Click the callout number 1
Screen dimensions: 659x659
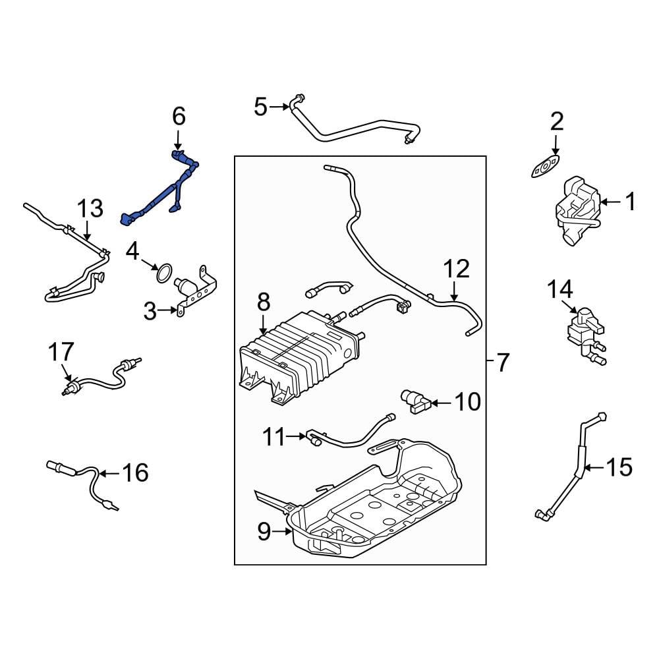[x=630, y=202]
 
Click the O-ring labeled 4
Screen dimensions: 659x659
[x=163, y=272]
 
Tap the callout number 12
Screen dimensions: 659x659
[x=456, y=270]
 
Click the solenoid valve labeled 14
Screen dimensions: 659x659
[x=580, y=328]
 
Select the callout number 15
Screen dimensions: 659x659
[x=618, y=467]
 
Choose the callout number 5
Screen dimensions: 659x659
[x=261, y=106]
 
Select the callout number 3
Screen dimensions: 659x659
[x=150, y=311]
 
